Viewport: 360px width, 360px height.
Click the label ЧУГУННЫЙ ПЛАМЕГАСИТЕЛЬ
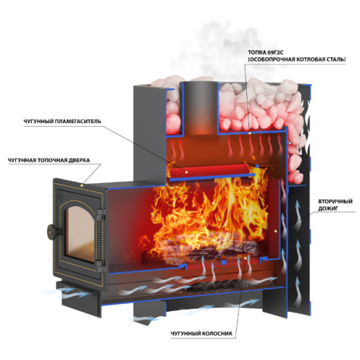(62, 121)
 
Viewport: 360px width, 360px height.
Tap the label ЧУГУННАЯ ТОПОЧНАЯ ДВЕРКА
(49, 160)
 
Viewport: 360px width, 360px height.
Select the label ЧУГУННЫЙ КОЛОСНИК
(202, 333)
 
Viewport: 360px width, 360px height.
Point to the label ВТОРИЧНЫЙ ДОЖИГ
(336, 204)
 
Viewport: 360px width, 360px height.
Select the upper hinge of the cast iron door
(101, 213)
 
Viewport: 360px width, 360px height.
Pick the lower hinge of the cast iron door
(101, 264)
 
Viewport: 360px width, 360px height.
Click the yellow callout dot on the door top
(82, 185)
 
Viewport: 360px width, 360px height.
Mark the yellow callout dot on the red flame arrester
(186, 171)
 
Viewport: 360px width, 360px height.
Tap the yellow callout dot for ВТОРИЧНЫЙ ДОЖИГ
(276, 231)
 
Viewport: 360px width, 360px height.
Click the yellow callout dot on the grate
(246, 258)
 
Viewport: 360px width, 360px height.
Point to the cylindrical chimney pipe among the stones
(199, 107)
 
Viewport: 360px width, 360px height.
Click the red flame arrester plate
(209, 170)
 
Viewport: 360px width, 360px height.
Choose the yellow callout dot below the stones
(250, 133)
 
